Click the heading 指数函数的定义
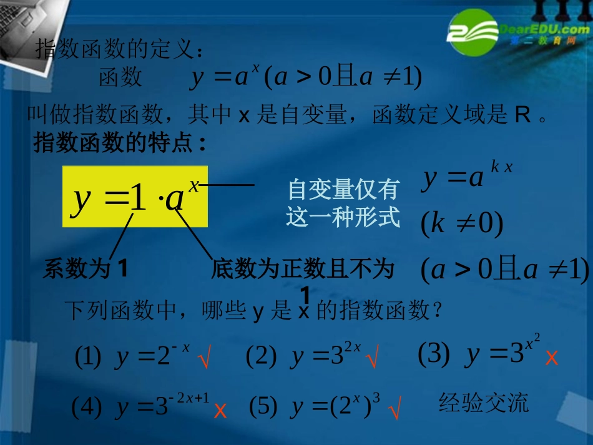(119, 49)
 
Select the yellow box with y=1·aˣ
(135, 197)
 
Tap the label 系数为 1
(86, 269)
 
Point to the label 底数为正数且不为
(303, 269)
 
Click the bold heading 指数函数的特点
(119, 144)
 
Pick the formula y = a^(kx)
(467, 177)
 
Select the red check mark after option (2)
(373, 359)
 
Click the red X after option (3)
(551, 358)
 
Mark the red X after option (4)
(220, 410)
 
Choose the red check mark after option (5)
(395, 411)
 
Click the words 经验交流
(483, 403)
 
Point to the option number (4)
(87, 408)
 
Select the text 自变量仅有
(343, 188)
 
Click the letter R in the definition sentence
(522, 115)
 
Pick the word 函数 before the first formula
(120, 77)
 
